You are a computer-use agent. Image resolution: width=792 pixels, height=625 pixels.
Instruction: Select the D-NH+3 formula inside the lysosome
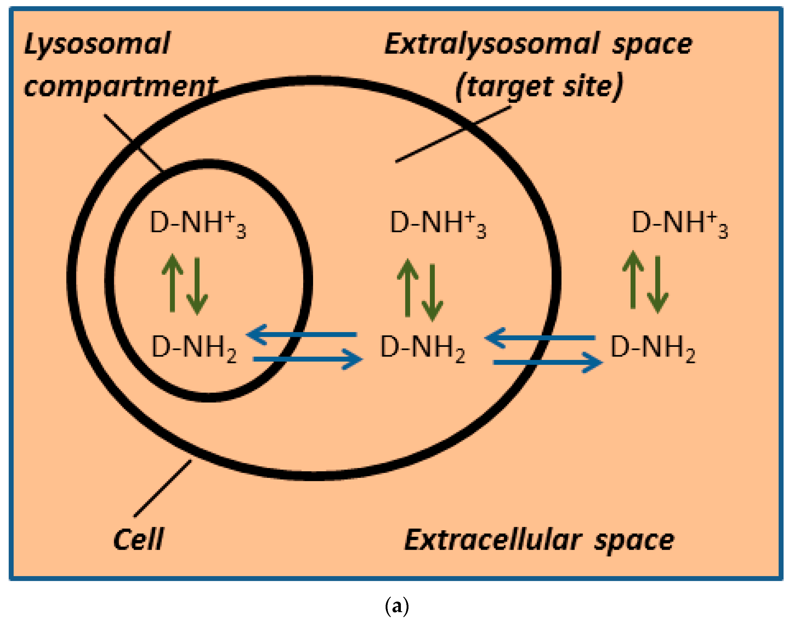198,223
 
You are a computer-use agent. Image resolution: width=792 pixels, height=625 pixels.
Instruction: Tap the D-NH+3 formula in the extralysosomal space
438,223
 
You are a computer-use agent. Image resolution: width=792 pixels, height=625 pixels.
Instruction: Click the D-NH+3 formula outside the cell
680,223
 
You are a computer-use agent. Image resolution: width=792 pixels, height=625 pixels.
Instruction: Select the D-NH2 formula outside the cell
653,348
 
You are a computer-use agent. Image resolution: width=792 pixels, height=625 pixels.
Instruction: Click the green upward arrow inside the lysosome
172,284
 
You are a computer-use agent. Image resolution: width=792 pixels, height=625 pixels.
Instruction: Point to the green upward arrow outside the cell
633,280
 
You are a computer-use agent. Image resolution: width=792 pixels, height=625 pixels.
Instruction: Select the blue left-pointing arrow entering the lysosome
302,334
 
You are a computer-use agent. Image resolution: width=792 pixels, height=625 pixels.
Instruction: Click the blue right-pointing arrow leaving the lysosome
308,359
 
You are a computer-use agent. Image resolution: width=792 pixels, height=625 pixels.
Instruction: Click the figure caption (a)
397,606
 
